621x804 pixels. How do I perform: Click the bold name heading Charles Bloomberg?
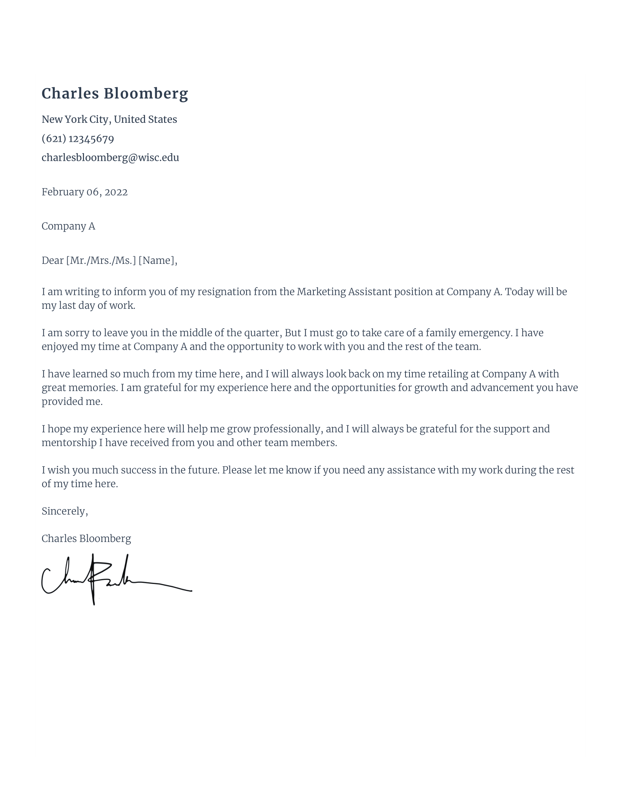(x=115, y=94)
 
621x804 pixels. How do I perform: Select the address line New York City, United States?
(x=109, y=119)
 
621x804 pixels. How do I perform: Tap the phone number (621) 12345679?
(x=77, y=139)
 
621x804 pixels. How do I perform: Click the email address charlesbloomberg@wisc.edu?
(x=110, y=158)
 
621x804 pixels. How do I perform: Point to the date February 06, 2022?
(x=85, y=192)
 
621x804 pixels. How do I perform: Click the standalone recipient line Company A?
(x=68, y=226)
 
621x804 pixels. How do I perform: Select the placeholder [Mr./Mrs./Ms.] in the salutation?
(x=101, y=261)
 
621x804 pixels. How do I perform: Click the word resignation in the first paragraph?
(x=224, y=292)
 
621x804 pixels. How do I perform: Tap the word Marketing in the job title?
(x=321, y=292)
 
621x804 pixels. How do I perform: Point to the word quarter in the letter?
(x=263, y=333)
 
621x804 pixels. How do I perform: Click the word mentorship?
(x=69, y=443)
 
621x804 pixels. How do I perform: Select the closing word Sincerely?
(x=64, y=511)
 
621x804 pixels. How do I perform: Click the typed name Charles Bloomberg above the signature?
(x=86, y=539)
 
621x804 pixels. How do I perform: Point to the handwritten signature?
(x=110, y=579)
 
